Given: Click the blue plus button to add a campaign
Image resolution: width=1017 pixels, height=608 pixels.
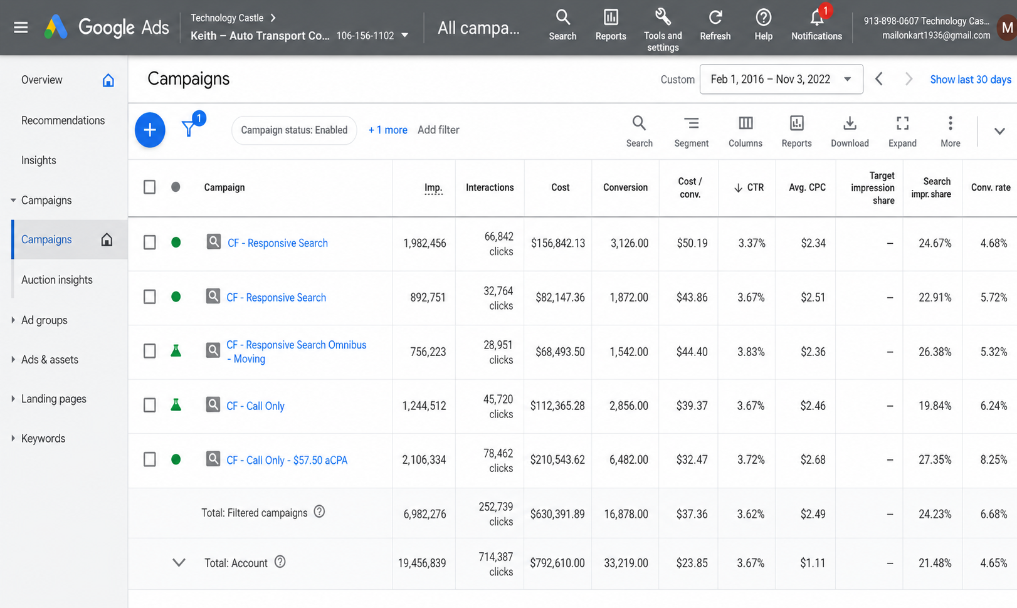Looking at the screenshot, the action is point(150,130).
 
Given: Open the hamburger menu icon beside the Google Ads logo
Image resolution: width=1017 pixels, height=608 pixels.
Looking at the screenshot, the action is point(21,28).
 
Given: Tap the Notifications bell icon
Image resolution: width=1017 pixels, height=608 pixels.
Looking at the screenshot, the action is point(816,18).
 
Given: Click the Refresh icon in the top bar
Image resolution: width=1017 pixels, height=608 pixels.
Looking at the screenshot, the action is point(715,18).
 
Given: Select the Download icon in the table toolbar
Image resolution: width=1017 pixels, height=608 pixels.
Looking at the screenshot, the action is point(850,123).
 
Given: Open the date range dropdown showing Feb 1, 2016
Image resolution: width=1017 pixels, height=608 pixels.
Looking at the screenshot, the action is point(781,80).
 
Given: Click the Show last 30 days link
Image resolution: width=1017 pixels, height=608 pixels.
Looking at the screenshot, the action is point(970,80).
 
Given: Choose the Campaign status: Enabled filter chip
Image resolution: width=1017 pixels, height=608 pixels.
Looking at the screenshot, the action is point(293,130).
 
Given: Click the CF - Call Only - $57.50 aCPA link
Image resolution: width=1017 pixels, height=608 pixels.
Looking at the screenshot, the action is point(287,460).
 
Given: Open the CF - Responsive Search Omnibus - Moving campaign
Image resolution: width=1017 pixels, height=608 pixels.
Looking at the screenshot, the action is point(296,352).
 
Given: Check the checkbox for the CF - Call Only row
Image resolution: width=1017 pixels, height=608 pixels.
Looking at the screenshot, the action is point(149,405).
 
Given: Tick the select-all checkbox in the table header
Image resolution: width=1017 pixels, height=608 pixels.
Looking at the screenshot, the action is point(149,187).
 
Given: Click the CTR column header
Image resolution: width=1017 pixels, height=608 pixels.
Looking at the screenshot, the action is point(749,187).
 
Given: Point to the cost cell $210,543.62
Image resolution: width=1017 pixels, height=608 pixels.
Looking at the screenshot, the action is point(557,459).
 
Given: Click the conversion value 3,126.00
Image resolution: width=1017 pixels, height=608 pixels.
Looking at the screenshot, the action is point(630,243).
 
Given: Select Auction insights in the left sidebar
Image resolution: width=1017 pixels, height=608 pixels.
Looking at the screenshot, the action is point(57,280).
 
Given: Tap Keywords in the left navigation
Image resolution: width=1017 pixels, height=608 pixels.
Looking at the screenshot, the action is point(43,438).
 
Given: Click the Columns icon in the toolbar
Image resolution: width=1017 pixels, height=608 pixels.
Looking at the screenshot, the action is point(746,123).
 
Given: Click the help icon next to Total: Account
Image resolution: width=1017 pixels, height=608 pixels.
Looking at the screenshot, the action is point(280,562).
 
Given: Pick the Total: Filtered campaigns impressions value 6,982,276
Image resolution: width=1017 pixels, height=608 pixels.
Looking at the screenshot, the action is point(424,514).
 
